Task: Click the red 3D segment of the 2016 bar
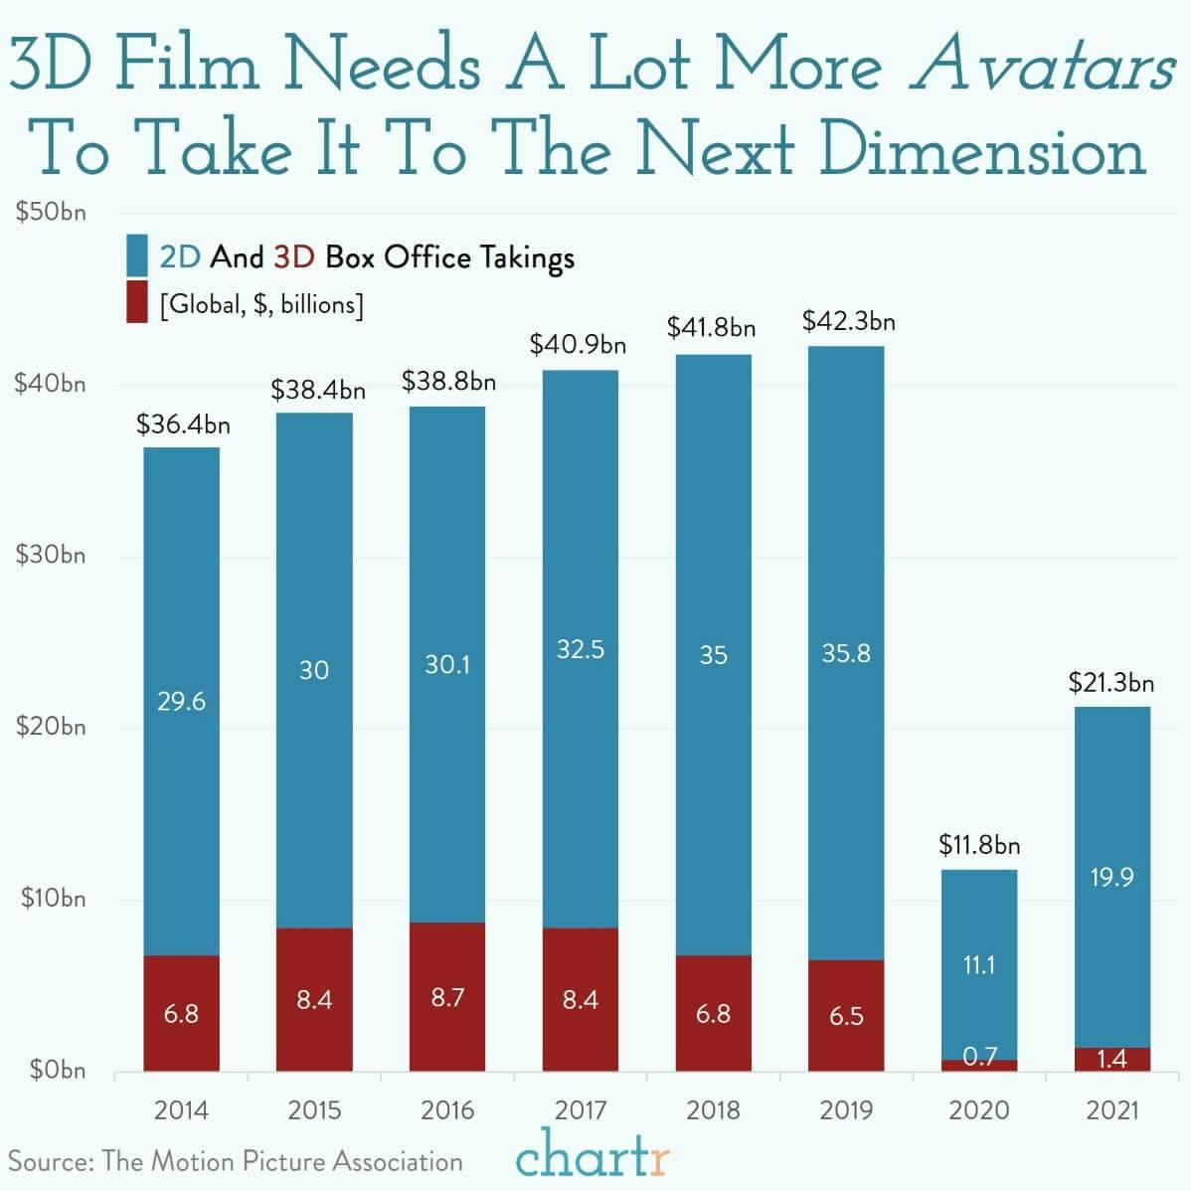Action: pyautogui.click(x=447, y=996)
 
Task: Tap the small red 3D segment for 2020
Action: pyautogui.click(x=979, y=1065)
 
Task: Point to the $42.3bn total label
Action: pyautogui.click(x=848, y=322)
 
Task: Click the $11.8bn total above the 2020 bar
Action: pyautogui.click(x=979, y=845)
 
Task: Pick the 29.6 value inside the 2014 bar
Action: pyautogui.click(x=181, y=702)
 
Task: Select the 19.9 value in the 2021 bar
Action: pyautogui.click(x=1111, y=877)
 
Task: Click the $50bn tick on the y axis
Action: pyautogui.click(x=51, y=213)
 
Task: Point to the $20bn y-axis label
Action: pyautogui.click(x=51, y=727)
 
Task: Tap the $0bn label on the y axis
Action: pyautogui.click(x=57, y=1071)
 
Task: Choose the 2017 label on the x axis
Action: pyautogui.click(x=580, y=1110)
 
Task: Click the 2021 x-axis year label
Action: pyautogui.click(x=1111, y=1110)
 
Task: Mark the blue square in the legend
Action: pyautogui.click(x=137, y=256)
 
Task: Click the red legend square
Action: pyautogui.click(x=137, y=302)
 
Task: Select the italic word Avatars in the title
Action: pyautogui.click(x=1043, y=67)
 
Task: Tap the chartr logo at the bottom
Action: pyautogui.click(x=593, y=1156)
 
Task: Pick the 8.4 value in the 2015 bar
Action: pyautogui.click(x=314, y=999)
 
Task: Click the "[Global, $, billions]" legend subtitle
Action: pyautogui.click(x=261, y=304)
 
